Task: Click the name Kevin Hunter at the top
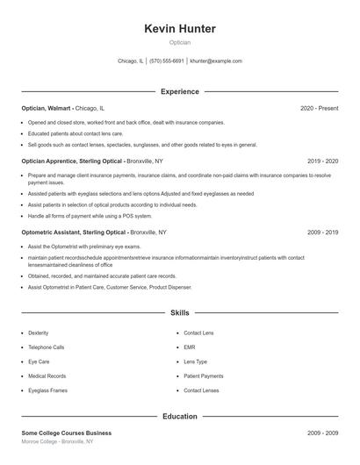[x=180, y=29]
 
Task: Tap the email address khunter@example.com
[x=216, y=61]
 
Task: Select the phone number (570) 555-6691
[x=167, y=61]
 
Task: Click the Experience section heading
[x=180, y=91]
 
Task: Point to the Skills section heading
[x=180, y=312]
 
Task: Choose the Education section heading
[x=180, y=416]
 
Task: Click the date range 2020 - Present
[x=319, y=108]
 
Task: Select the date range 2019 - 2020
[x=323, y=161]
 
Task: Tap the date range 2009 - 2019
[x=323, y=232]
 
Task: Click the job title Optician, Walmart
[x=47, y=108]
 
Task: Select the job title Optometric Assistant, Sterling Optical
[x=75, y=232]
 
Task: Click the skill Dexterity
[x=39, y=333]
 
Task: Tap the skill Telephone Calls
[x=47, y=347]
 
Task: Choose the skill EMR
[x=189, y=347]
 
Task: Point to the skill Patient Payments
[x=204, y=376]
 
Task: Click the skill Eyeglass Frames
[x=47, y=390]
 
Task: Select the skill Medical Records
[x=47, y=376]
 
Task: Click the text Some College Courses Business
[x=67, y=433]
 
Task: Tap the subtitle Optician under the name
[x=180, y=42]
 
